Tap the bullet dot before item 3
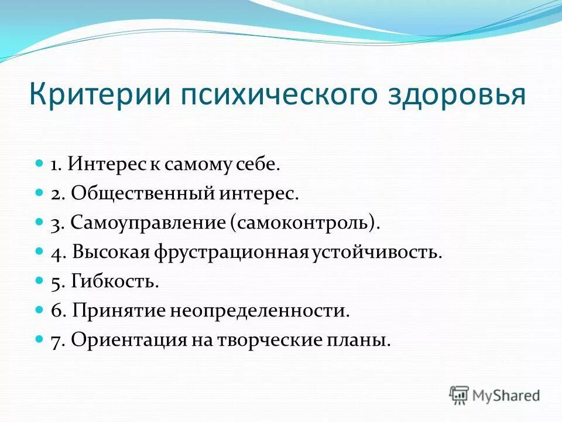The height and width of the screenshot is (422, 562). (x=40, y=223)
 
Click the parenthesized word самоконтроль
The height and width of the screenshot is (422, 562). (x=304, y=223)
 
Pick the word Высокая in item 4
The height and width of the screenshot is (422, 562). (x=111, y=253)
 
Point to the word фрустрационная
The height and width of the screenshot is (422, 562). (x=231, y=253)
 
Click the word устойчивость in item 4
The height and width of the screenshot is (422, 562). (x=375, y=253)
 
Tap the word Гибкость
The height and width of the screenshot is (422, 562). (x=115, y=282)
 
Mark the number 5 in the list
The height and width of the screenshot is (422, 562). (x=56, y=282)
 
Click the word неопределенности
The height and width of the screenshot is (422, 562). (x=259, y=311)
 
